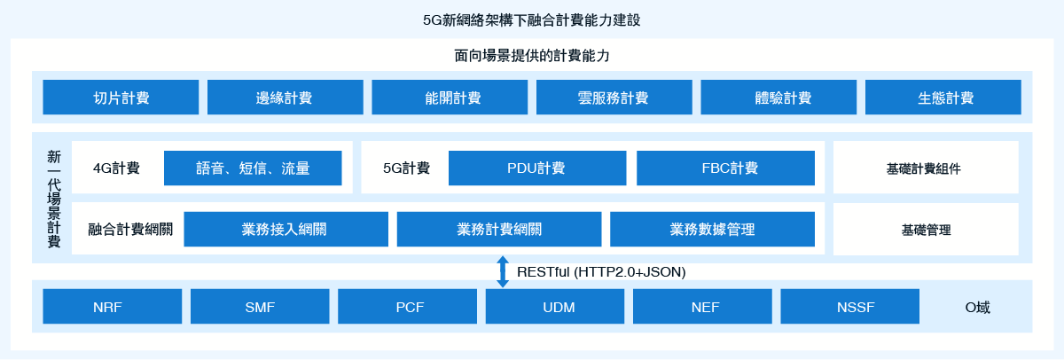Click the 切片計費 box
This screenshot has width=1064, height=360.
tap(121, 98)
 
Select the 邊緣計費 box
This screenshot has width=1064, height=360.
tap(285, 98)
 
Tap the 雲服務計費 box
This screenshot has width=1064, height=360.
tap(614, 98)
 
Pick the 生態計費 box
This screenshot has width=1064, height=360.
tap(943, 98)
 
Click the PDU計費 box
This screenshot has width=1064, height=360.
tap(537, 168)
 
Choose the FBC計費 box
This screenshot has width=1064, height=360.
tap(725, 168)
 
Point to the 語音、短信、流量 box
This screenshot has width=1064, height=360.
tap(253, 168)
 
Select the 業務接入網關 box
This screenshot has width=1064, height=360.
tap(286, 230)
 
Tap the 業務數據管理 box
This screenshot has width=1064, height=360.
tap(713, 230)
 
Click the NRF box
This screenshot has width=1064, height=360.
tap(112, 307)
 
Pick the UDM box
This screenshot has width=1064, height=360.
tap(555, 307)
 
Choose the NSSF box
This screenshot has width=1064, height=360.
tap(849, 307)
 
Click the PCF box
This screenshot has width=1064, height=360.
tap(407, 307)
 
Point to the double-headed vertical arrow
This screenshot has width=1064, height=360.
tap(503, 271)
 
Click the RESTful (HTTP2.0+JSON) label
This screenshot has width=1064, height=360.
tap(601, 272)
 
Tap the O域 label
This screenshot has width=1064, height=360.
tap(977, 308)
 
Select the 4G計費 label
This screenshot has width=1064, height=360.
tap(116, 168)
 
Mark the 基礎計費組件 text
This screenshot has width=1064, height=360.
tap(923, 168)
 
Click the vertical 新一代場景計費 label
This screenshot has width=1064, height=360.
tap(54, 199)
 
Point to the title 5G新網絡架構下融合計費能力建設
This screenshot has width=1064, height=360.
tap(531, 20)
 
